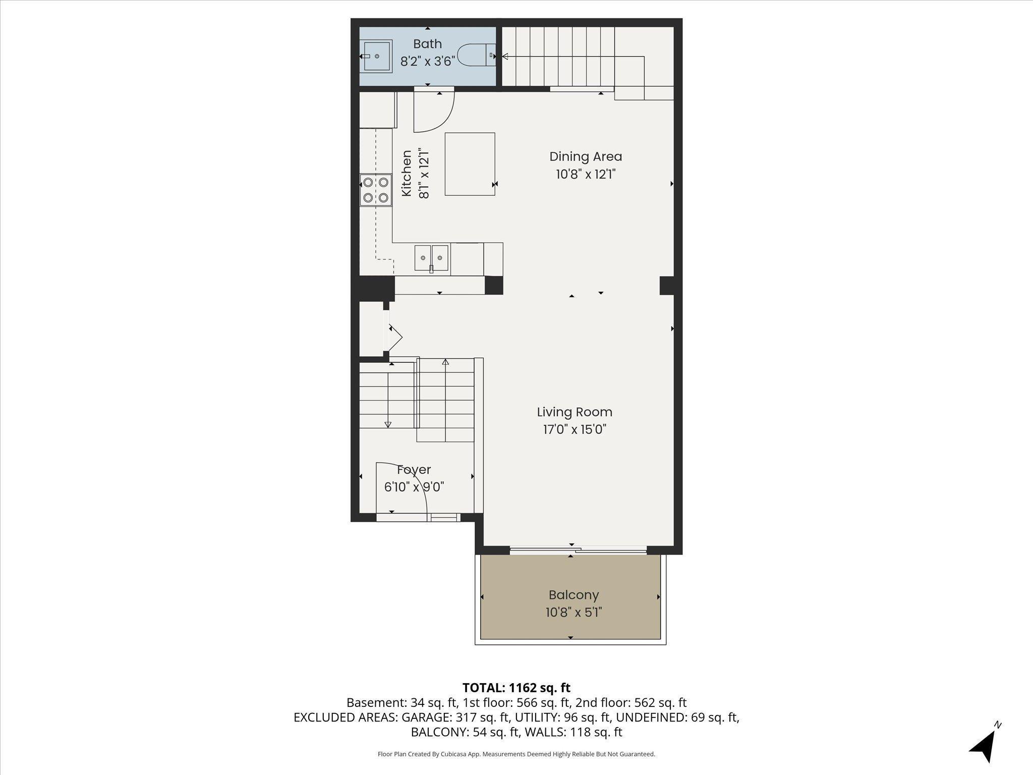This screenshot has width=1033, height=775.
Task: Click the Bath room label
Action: click(x=427, y=44)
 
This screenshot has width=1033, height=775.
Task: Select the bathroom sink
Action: click(x=376, y=57)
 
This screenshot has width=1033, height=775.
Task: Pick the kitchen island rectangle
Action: click(x=470, y=164)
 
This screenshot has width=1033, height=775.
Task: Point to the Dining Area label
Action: click(x=585, y=156)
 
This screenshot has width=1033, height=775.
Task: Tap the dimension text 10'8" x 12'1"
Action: click(x=586, y=174)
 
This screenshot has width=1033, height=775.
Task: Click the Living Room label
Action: click(x=575, y=412)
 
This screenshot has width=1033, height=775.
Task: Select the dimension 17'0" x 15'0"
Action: click(x=575, y=429)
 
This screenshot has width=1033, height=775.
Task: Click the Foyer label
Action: click(x=414, y=469)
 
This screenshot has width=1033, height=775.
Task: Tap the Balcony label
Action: click(x=573, y=595)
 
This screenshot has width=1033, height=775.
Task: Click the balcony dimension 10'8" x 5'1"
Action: click(x=573, y=612)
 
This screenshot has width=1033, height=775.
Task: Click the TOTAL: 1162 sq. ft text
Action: click(x=516, y=688)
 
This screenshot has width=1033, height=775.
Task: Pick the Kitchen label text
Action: click(x=407, y=174)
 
